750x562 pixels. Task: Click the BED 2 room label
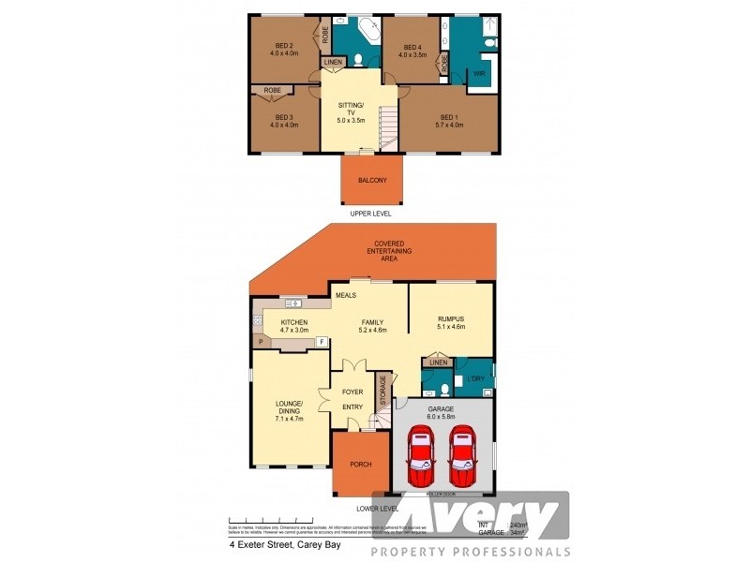pos(286,46)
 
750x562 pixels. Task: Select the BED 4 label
pos(412,47)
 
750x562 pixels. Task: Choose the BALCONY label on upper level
pos(372,180)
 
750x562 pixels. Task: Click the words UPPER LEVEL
pos(369,214)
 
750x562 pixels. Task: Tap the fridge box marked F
pos(322,343)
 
